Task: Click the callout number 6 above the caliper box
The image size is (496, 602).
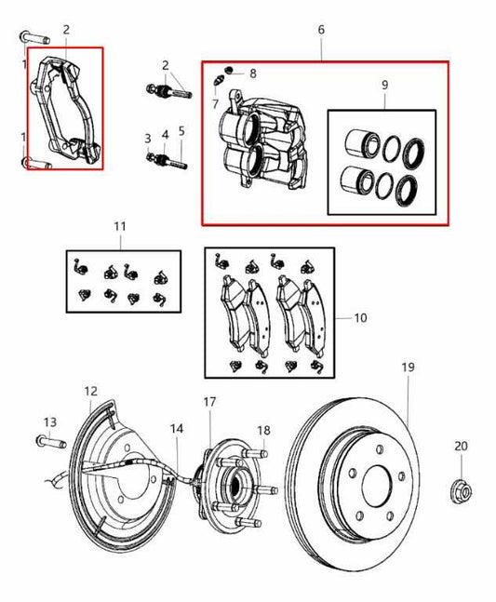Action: click(321, 31)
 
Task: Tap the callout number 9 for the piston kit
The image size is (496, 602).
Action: click(383, 86)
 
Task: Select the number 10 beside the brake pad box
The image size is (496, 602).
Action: click(360, 318)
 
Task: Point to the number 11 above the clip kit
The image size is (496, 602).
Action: click(118, 227)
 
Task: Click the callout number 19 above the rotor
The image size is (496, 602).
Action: click(408, 368)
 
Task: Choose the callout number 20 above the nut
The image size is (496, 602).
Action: click(461, 447)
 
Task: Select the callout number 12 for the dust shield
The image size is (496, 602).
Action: click(90, 391)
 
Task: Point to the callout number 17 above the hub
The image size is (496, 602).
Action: click(209, 402)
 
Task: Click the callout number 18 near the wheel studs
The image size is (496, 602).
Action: click(263, 430)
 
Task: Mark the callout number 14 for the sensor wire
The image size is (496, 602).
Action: click(177, 429)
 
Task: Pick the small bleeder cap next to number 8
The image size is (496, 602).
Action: click(229, 73)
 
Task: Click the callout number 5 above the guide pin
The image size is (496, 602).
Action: click(181, 131)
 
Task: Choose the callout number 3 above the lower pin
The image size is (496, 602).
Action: click(147, 138)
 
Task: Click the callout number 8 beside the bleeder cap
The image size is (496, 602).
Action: click(252, 73)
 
